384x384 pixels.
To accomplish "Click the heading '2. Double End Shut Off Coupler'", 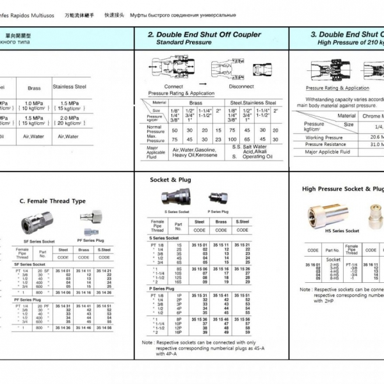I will [x=204, y=35].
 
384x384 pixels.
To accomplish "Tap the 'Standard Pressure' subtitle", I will [x=184, y=42].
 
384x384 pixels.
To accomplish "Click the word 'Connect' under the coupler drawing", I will [x=173, y=86].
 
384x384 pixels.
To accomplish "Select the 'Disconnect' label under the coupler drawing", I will [x=241, y=86].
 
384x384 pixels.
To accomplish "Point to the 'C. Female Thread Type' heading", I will [x=52, y=201].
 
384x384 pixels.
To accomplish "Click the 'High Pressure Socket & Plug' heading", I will [x=342, y=189].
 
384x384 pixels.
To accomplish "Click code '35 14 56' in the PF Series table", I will [x=104, y=328].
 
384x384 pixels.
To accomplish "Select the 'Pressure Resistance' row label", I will [x=326, y=144].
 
